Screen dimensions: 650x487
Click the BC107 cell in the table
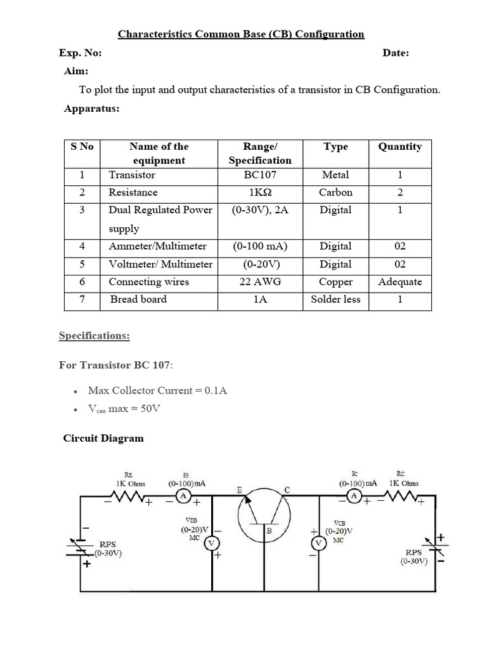point(260,175)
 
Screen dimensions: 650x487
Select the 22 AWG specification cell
point(260,282)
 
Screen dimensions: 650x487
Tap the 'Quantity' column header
point(399,147)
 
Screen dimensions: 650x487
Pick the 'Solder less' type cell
point(335,300)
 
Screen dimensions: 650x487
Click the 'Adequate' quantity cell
point(399,282)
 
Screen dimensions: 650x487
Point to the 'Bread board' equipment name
point(138,300)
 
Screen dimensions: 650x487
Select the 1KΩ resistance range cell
point(260,192)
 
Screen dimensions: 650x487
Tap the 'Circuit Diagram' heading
point(103,438)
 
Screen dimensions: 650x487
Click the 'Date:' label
point(396,53)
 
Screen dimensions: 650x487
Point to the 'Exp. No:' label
point(80,53)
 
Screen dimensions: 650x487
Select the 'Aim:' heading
point(76,71)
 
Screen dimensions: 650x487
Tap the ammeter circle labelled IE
point(183,496)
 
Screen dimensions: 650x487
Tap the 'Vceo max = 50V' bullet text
point(124,408)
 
